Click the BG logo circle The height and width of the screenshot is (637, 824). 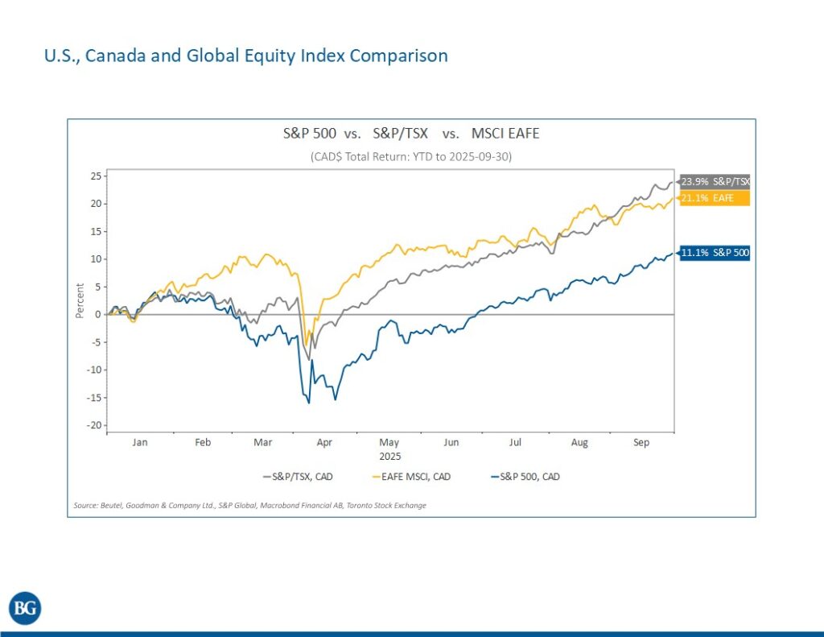[x=25, y=608]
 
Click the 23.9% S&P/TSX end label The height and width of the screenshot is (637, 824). [x=715, y=182]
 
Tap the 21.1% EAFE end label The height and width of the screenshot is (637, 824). [x=715, y=198]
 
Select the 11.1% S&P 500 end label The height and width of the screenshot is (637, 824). [x=715, y=253]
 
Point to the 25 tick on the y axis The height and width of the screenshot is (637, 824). [x=94, y=176]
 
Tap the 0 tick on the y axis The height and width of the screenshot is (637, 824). [x=97, y=314]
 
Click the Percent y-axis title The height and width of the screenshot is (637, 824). [x=80, y=300]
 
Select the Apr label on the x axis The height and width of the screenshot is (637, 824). [x=324, y=443]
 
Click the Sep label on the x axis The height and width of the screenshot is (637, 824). [x=641, y=443]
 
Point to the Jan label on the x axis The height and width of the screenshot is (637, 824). [x=139, y=443]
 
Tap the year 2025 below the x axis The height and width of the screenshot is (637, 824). [x=389, y=456]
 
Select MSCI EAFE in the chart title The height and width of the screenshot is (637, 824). [x=505, y=134]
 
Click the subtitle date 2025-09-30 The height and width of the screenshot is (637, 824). [x=480, y=157]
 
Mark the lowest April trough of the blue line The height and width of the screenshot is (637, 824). [x=309, y=403]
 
